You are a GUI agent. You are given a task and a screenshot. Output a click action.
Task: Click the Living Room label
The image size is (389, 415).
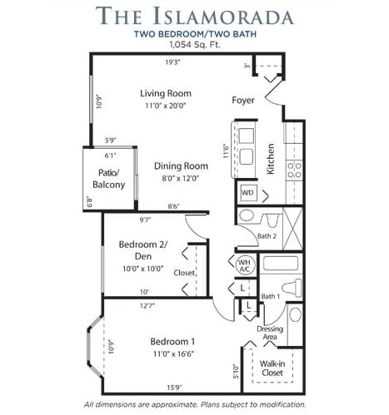[x=166, y=93]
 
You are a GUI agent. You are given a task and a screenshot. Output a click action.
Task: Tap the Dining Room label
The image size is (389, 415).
[x=181, y=166]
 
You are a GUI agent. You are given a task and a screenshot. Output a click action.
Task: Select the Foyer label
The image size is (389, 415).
[x=243, y=100]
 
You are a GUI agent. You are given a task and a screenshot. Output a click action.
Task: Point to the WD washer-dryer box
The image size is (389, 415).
[x=247, y=192]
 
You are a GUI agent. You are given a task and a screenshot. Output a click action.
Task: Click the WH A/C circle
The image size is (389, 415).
[x=245, y=265]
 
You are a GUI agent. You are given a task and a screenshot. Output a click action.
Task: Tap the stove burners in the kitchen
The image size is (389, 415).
[x=294, y=170]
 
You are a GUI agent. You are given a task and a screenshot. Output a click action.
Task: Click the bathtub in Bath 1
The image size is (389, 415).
[x=281, y=263]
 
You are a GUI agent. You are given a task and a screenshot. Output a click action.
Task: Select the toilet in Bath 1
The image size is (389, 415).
[x=292, y=287]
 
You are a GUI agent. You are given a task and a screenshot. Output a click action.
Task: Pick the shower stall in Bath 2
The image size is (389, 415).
[x=292, y=228]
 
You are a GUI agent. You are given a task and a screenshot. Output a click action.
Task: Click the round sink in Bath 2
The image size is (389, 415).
[x=247, y=215]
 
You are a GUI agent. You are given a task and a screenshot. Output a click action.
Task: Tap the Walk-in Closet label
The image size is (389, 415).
[x=272, y=368]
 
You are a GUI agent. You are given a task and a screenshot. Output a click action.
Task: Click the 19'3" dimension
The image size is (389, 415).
[x=172, y=62]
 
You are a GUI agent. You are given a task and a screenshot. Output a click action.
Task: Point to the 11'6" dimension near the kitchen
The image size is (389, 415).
[x=227, y=151]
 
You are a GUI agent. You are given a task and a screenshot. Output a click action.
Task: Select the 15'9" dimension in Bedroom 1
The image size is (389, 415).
[x=174, y=388]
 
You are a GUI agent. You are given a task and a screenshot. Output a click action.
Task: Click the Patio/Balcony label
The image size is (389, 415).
[x=108, y=179]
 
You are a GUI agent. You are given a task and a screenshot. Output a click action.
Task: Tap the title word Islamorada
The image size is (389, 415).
[x=223, y=16]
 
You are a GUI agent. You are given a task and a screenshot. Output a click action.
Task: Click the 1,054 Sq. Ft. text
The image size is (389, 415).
[x=195, y=44]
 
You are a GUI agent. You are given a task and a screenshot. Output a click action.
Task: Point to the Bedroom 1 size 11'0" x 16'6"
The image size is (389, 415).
[x=173, y=354]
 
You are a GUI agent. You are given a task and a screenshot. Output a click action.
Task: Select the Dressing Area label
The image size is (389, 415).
[x=270, y=333]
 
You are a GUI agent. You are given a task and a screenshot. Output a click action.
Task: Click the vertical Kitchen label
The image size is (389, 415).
[x=271, y=159]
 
